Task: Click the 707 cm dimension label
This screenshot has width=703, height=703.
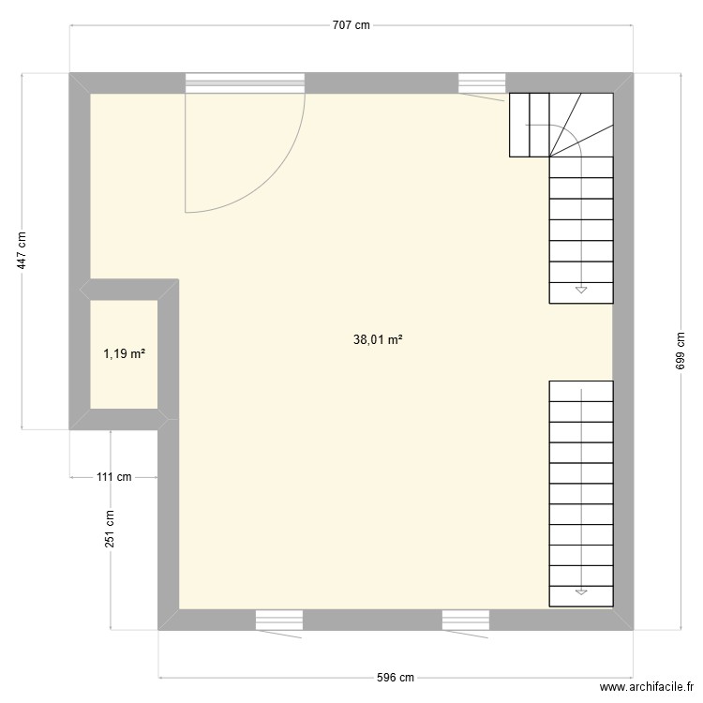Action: [351, 26]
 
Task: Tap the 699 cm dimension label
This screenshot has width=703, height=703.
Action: [681, 351]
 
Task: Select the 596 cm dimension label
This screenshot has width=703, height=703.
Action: [394, 677]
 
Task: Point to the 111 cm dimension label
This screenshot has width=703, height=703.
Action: [114, 477]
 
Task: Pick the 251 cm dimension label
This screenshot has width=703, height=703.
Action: [110, 530]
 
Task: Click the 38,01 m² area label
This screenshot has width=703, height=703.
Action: [379, 341]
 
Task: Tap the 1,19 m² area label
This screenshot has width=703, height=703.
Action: [124, 354]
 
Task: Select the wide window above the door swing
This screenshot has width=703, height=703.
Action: [245, 83]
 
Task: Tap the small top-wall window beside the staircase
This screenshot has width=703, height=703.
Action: [482, 83]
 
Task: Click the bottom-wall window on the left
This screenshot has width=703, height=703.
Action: [279, 620]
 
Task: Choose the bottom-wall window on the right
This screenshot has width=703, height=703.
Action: [467, 620]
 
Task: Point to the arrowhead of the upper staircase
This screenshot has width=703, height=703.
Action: [581, 291]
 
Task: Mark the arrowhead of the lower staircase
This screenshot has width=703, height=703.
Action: [581, 591]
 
